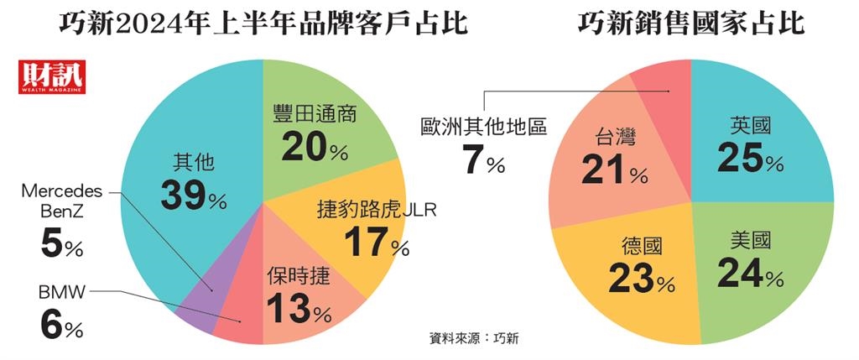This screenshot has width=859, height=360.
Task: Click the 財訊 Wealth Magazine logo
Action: [51, 77]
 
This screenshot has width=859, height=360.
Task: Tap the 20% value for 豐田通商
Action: [315, 148]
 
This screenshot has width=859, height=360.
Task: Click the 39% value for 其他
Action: [193, 196]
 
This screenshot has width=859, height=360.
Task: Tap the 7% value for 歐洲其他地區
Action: [483, 160]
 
